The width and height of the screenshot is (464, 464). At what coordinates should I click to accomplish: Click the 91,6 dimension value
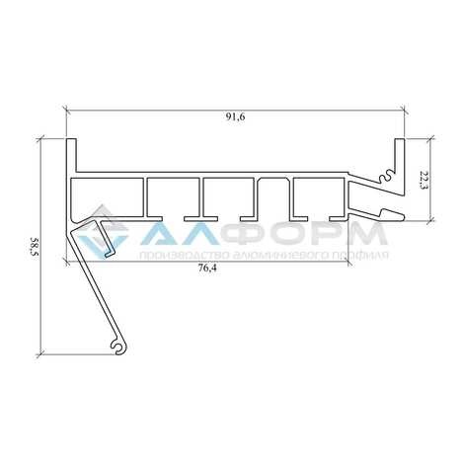[235, 117]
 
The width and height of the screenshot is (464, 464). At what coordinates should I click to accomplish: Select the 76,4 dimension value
[207, 268]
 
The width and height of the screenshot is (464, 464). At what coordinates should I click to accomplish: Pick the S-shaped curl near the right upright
[386, 176]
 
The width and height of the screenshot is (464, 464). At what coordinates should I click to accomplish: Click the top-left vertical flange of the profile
[71, 155]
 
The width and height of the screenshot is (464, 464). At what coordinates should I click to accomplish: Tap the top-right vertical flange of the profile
[400, 155]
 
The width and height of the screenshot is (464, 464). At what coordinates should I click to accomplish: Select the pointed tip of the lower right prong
[404, 216]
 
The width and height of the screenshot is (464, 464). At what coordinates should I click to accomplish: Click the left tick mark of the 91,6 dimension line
[67, 111]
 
